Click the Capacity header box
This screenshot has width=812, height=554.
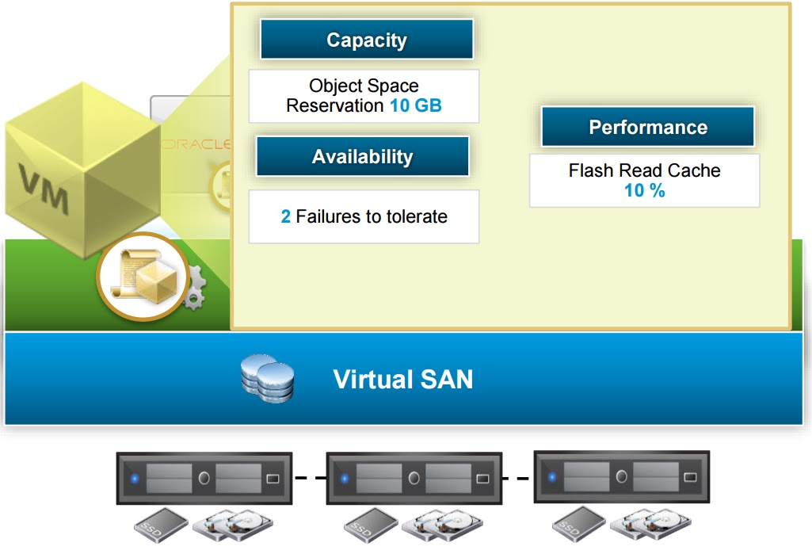366,40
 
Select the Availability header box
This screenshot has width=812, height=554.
362,156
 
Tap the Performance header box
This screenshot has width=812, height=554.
647,127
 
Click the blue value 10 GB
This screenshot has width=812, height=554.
416,105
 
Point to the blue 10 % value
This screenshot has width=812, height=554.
644,190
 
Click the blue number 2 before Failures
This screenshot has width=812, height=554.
286,216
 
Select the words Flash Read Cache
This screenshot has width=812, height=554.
644,170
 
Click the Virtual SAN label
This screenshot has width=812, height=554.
402,379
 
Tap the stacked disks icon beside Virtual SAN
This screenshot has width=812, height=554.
267,378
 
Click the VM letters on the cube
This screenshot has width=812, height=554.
44,191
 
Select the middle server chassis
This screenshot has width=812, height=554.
414,478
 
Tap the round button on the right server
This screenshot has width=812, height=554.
622,476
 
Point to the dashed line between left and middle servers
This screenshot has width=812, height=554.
310,478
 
